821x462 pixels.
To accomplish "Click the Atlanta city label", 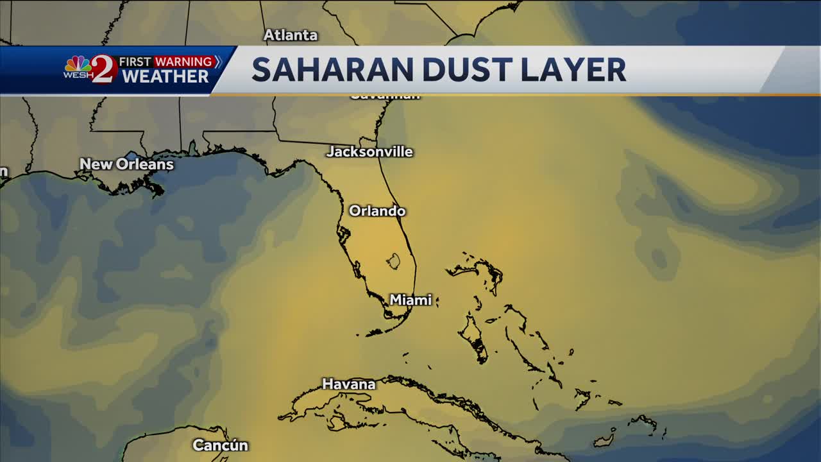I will point(291,35).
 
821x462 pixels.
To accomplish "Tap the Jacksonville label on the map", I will point(369,152).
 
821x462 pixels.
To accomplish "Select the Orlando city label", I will point(377,211).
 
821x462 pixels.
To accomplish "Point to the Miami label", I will point(410,300).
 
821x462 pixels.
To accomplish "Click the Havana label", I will point(348,384).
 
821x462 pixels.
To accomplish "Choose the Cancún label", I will point(220,445).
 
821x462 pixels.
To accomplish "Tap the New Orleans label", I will point(126,164).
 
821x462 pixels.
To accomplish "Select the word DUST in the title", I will point(451,70).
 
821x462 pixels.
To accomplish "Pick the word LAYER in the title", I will point(573,70).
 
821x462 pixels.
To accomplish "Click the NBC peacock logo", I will point(77,64).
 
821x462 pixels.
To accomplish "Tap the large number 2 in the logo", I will point(103,69).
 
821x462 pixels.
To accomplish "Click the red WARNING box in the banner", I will point(183,62).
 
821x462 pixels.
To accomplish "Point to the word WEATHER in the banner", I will point(165,77).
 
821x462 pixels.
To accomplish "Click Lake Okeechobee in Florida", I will point(393,261).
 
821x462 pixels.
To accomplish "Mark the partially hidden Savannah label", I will point(385,96).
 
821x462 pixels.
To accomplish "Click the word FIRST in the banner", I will point(135,62).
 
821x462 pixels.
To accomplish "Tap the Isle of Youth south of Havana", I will point(335,423).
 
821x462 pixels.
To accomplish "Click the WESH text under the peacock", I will point(77,76).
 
